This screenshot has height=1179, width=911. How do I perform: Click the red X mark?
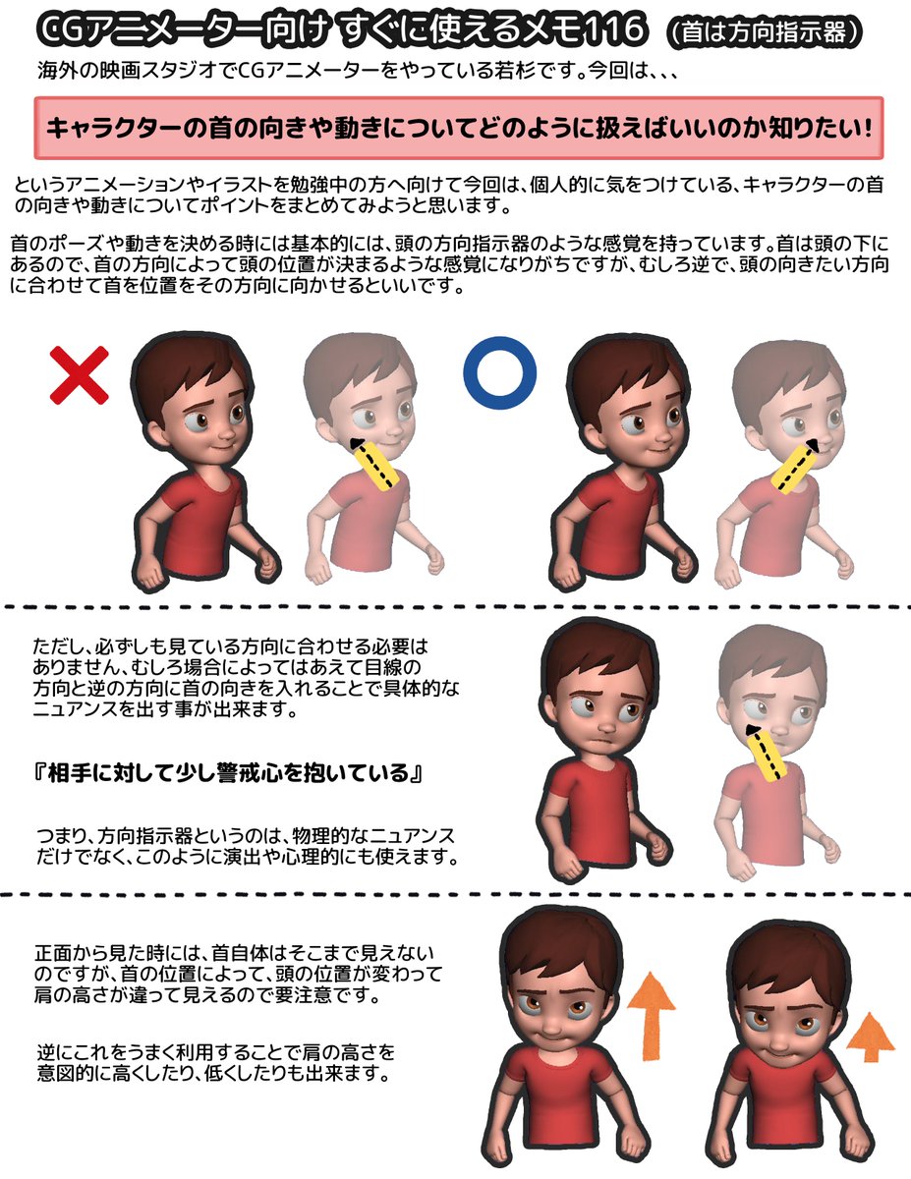coord(80,372)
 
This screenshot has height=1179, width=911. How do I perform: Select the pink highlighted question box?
coord(459,128)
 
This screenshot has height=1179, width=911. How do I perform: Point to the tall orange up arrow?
coord(650,1016)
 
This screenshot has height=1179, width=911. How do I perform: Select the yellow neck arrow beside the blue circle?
coord(796,466)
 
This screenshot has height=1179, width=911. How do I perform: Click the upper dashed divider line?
coord(455,606)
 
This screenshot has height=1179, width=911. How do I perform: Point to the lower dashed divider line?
coord(455,895)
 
